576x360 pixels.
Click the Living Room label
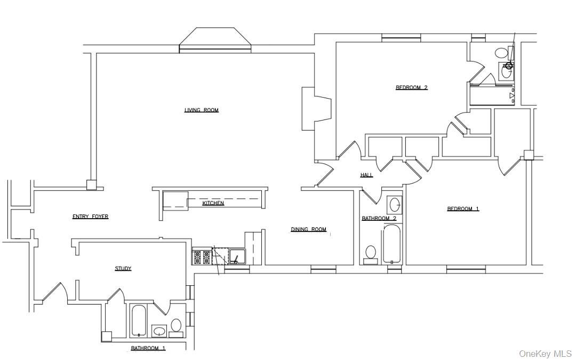[201, 110]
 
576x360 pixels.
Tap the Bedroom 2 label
[411, 87]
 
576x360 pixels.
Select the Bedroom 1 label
[462, 209]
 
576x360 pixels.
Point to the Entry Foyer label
[90, 217]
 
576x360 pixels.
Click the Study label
[123, 268]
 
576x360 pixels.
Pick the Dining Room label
[308, 229]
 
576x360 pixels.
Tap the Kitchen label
[213, 203]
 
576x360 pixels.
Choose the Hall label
[366, 175]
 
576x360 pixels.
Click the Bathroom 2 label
[379, 218]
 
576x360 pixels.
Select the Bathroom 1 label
[148, 348]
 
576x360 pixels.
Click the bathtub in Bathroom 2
[391, 244]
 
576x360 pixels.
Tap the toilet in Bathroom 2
[370, 253]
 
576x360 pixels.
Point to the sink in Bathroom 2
[395, 205]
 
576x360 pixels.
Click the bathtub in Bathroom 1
[139, 320]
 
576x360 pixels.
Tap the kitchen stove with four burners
[202, 257]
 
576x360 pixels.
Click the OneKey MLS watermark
[545, 354]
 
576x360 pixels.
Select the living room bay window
[215, 40]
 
